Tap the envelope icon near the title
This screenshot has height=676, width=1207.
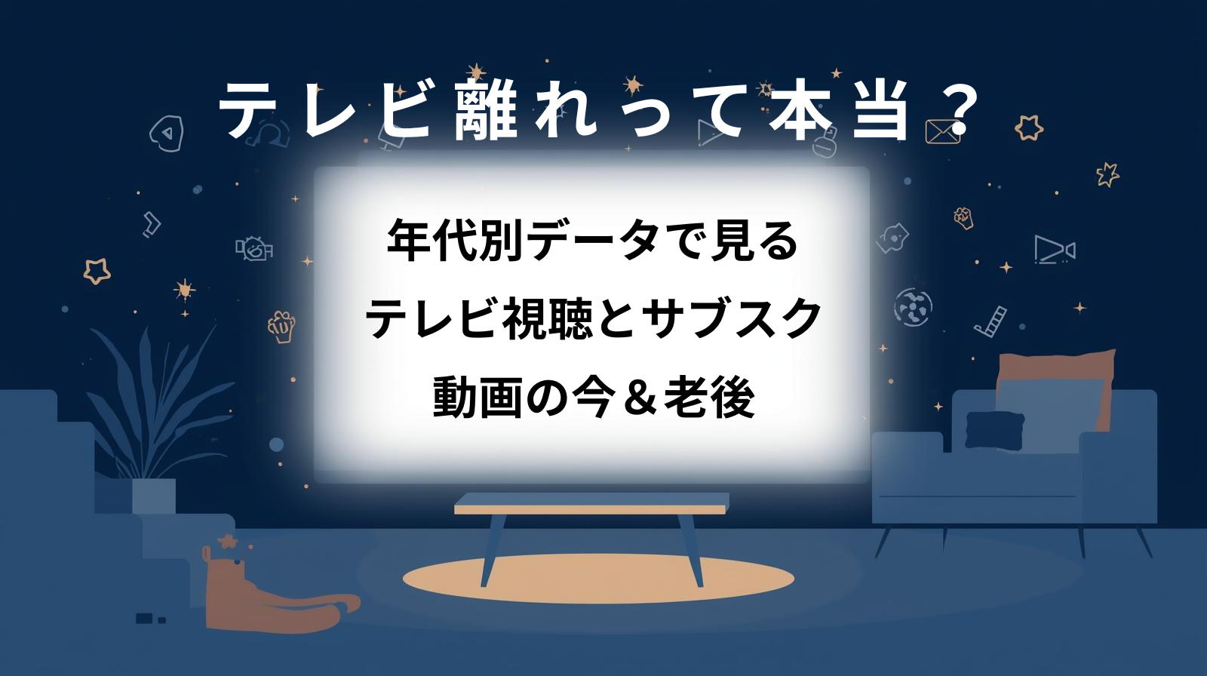pos(943,131)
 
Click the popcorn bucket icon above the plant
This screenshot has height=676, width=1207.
pos(281,326)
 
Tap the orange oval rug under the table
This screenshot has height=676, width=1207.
pos(598,579)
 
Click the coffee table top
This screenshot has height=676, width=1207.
pos(591,503)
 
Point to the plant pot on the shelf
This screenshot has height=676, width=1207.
pos(154,496)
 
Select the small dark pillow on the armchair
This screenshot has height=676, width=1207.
pos(995,430)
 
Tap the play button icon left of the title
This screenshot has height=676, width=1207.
pos(167,133)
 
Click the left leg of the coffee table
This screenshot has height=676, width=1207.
pos(493,550)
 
